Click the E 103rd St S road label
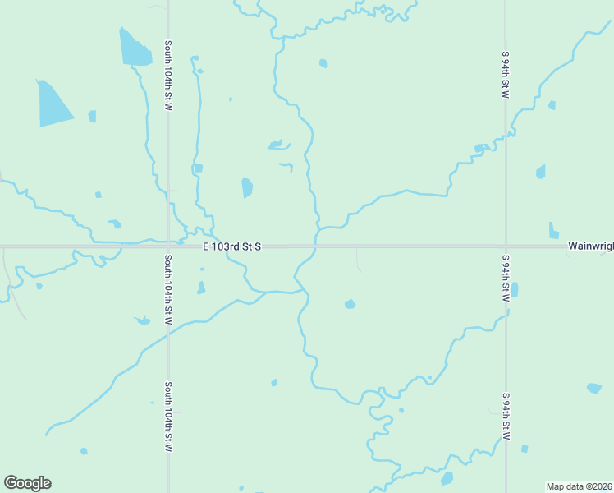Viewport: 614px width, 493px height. pos(232,246)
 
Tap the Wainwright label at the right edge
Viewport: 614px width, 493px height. pos(590,246)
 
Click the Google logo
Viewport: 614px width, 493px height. pos(27,483)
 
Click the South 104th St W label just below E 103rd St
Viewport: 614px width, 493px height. pos(167,289)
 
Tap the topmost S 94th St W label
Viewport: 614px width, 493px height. pos(506,75)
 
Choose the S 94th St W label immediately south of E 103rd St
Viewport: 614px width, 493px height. pos(506,278)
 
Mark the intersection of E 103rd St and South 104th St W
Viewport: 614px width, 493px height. pos(168,246)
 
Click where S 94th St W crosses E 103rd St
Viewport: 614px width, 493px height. pos(506,246)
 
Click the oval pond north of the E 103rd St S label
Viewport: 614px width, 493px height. pos(247,188)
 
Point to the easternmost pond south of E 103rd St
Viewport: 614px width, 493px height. pos(593,388)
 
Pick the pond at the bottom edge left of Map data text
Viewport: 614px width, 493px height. pos(447,478)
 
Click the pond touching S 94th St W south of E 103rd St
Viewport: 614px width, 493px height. pos(515,290)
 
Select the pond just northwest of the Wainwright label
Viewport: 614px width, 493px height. pos(553,231)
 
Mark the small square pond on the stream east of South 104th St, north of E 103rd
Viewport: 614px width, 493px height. pos(198,168)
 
